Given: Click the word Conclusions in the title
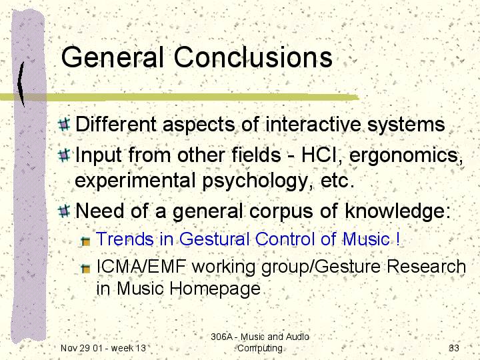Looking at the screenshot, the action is (253, 57).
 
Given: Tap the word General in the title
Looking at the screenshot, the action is (112, 57).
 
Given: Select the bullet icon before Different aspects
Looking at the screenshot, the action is (64, 124).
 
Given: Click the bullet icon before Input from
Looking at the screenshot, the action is (64, 155).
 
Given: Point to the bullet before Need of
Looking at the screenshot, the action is (64, 211).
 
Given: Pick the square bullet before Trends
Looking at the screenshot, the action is (85, 241).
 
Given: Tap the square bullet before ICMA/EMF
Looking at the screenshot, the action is (85, 269).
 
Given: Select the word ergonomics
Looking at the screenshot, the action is (405, 156).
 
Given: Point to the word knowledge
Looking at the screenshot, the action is (397, 211).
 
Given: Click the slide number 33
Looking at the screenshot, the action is (454, 348).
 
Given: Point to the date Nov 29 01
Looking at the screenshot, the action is (81, 348).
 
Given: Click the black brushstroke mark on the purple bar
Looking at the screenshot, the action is (21, 83).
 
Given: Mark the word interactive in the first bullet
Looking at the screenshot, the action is (313, 125).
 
